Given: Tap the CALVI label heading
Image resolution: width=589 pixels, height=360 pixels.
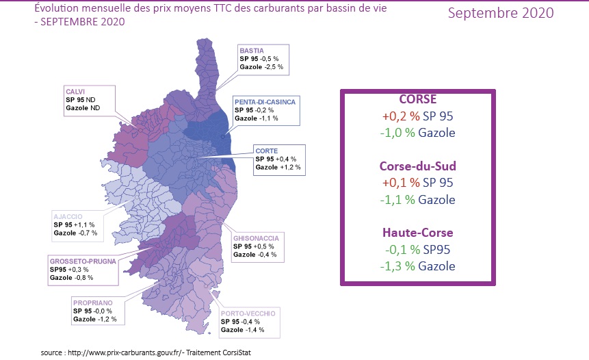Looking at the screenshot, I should tap(75, 91).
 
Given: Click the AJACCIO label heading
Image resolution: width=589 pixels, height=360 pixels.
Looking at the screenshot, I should tap(69, 216).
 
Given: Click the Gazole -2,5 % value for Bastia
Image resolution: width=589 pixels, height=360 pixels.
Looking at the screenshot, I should tap(261, 67).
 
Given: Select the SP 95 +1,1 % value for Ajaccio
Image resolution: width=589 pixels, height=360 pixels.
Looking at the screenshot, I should tap(74, 224).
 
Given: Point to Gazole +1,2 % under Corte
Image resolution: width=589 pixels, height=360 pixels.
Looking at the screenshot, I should tap(278, 167).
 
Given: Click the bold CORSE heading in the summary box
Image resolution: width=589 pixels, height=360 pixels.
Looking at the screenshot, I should tap(417, 99).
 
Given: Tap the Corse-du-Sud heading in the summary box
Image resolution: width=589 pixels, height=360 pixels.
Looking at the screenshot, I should tap(417, 166).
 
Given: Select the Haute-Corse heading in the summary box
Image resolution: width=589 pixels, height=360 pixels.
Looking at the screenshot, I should tap(417, 233).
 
